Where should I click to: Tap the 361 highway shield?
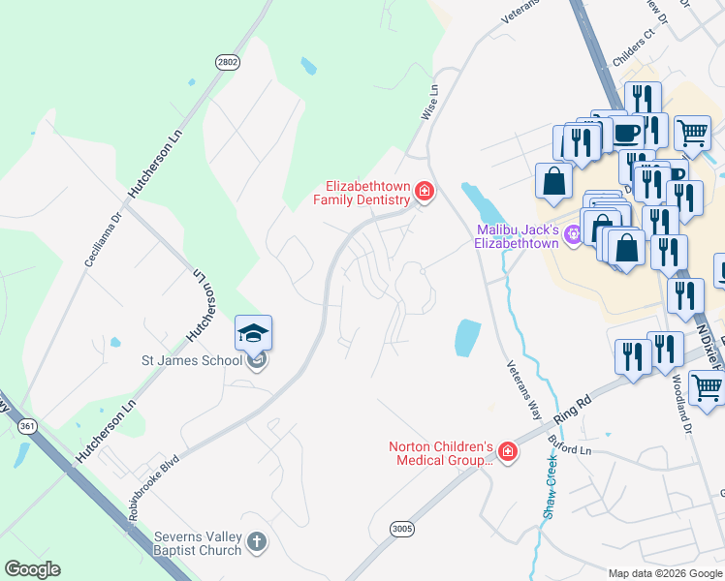pos(27,425)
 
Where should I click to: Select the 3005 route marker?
pos(402,528)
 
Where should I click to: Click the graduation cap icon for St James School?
pos(253,334)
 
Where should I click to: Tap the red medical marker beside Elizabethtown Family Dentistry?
pos(424,193)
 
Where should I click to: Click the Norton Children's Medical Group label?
pos(442,453)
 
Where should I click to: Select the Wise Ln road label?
pos(429,102)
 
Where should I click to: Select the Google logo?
pos(32,569)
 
